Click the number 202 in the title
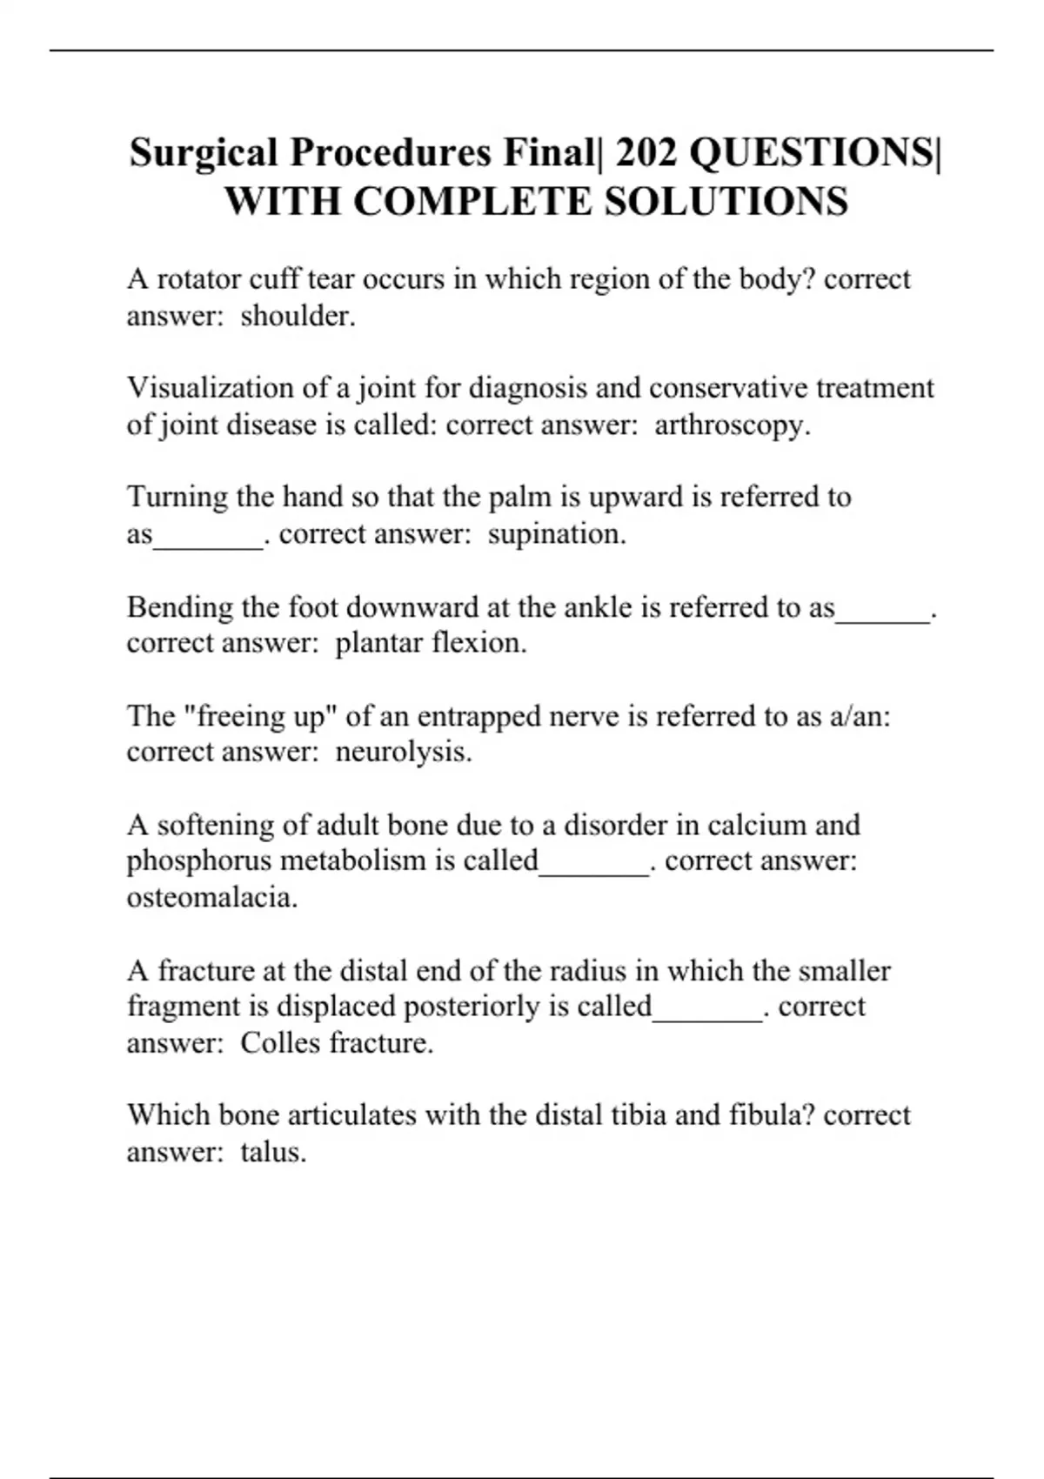(647, 153)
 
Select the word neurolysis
(402, 752)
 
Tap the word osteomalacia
(211, 897)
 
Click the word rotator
(198, 279)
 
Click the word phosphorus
(199, 860)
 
